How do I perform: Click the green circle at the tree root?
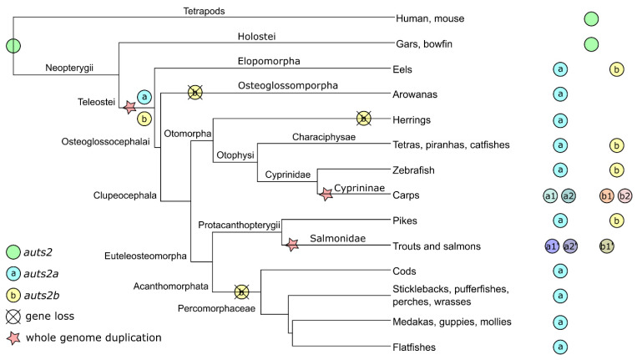tap(13, 46)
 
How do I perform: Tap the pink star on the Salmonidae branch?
tap(292, 245)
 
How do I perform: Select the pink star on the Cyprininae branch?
tap(326, 195)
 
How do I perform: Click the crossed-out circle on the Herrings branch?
tap(364, 119)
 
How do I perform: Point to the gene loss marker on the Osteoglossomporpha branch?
tap(195, 93)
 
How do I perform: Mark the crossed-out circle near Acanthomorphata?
tap(242, 292)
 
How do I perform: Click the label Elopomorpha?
tap(269, 61)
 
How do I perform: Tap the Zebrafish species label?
tap(413, 170)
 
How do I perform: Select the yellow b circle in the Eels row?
tap(616, 69)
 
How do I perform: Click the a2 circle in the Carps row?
tap(569, 196)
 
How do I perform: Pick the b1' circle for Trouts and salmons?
tap(607, 246)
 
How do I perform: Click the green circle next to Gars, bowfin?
tap(591, 44)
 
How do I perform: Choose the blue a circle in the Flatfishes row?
tap(560, 347)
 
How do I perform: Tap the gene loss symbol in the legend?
tap(13, 316)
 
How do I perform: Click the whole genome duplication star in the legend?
tap(13, 337)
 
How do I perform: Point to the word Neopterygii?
tap(69, 68)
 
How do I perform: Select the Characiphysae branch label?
tap(324, 137)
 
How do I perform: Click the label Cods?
tap(404, 271)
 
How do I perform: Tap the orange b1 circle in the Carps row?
tap(607, 196)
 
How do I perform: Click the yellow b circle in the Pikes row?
tap(616, 221)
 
